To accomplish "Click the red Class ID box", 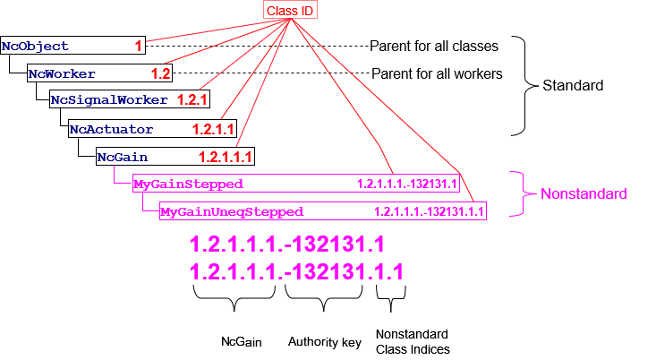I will tap(291, 10).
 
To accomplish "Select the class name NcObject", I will tap(35, 46).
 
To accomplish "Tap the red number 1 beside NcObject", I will tap(139, 46).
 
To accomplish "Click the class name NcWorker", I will tap(62, 73).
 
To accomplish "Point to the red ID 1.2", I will tap(160, 73).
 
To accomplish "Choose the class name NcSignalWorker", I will tap(110, 100).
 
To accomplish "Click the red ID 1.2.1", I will tap(192, 100).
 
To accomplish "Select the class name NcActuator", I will tap(111, 130).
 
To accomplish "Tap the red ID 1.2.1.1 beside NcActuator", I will tap(213, 130).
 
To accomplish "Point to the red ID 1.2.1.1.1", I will tap(226, 158).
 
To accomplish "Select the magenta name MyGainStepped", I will tap(188, 184).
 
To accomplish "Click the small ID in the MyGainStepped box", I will tap(407, 184).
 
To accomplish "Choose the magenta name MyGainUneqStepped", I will tap(231, 212).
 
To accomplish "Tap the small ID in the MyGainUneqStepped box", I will tap(429, 212).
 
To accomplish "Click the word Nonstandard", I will tap(584, 193).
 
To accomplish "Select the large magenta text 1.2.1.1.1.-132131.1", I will tap(287, 244).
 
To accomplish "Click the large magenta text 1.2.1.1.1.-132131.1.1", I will tap(296, 271).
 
